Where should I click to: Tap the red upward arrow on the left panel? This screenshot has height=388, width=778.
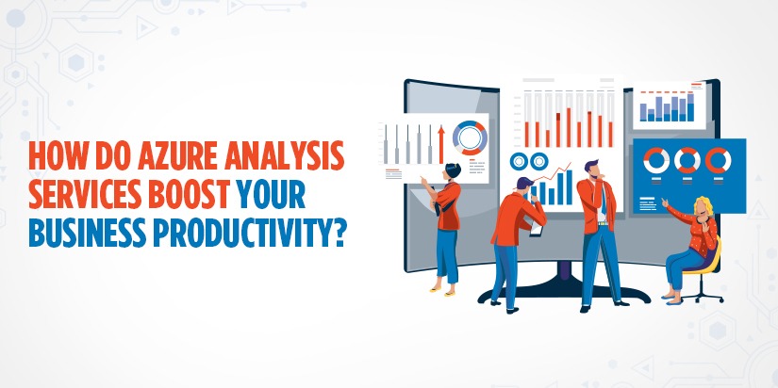point(439,141)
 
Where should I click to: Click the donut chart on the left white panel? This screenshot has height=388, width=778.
point(469,137)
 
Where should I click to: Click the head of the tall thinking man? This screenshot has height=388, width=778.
point(589,170)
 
